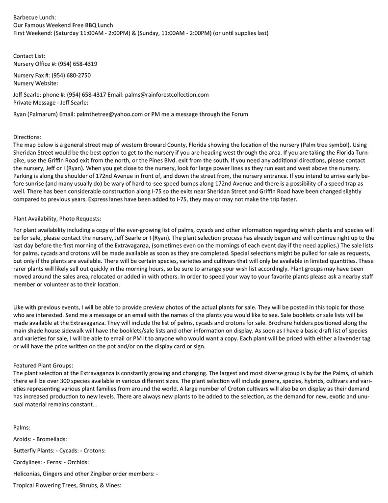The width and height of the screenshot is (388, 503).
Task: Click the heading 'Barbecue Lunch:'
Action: click(35, 17)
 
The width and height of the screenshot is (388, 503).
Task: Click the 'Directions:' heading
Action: click(27, 137)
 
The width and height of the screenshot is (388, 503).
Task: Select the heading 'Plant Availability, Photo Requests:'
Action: click(57, 218)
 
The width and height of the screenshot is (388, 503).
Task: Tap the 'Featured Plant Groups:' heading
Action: click(43, 365)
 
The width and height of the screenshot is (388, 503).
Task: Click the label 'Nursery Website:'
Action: click(35, 83)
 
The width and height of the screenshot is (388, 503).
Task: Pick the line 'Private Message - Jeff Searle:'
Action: click(51, 103)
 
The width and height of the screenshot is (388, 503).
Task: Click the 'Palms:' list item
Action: click(22, 427)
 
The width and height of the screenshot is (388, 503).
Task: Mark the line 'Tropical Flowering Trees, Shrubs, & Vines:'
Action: click(67, 485)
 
